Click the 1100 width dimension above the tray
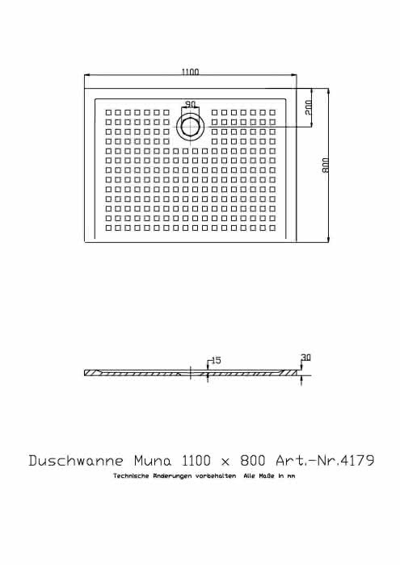coord(190,72)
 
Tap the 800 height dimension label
coord(326,165)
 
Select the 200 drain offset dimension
coord(308,107)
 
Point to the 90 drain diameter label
coord(190,104)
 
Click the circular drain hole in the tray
coord(190,127)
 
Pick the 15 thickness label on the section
coord(217,360)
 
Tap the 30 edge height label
coord(305,358)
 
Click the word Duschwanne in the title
coord(76,460)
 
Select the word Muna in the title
coord(153,460)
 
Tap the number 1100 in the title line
coord(196,460)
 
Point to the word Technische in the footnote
coord(131,476)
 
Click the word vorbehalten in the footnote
coord(216,476)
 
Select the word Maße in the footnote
coord(267,476)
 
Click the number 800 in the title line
coord(253,460)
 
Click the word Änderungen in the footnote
coord(172,476)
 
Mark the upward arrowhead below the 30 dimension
coord(301,379)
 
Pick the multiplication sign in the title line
coord(225,462)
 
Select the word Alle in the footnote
coord(249,476)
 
